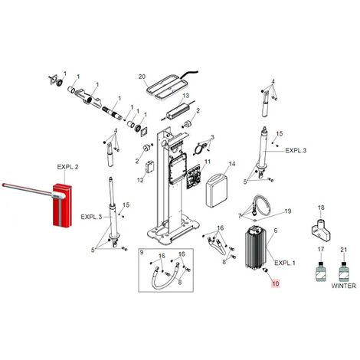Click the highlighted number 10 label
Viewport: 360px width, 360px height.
276,283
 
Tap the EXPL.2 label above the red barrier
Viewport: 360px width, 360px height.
67,167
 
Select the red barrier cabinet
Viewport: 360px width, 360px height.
63,205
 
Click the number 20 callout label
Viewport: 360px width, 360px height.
142,77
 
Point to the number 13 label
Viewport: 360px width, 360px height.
186,96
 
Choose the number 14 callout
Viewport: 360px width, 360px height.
232,164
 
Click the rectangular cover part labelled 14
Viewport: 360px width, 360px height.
217,190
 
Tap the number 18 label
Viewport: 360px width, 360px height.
321,208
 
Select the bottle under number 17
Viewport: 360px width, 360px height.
321,272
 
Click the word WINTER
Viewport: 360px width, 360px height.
343,286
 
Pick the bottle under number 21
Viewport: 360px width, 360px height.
344,272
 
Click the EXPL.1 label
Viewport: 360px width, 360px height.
285,263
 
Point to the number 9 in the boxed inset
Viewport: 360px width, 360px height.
142,253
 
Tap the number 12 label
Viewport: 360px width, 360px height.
140,180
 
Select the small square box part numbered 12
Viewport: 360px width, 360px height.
149,168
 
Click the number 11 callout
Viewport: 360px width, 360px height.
208,162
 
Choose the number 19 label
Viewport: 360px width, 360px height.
288,211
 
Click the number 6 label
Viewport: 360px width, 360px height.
276,231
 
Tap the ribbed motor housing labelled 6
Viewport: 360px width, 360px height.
255,247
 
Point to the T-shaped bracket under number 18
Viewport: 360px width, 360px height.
322,231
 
